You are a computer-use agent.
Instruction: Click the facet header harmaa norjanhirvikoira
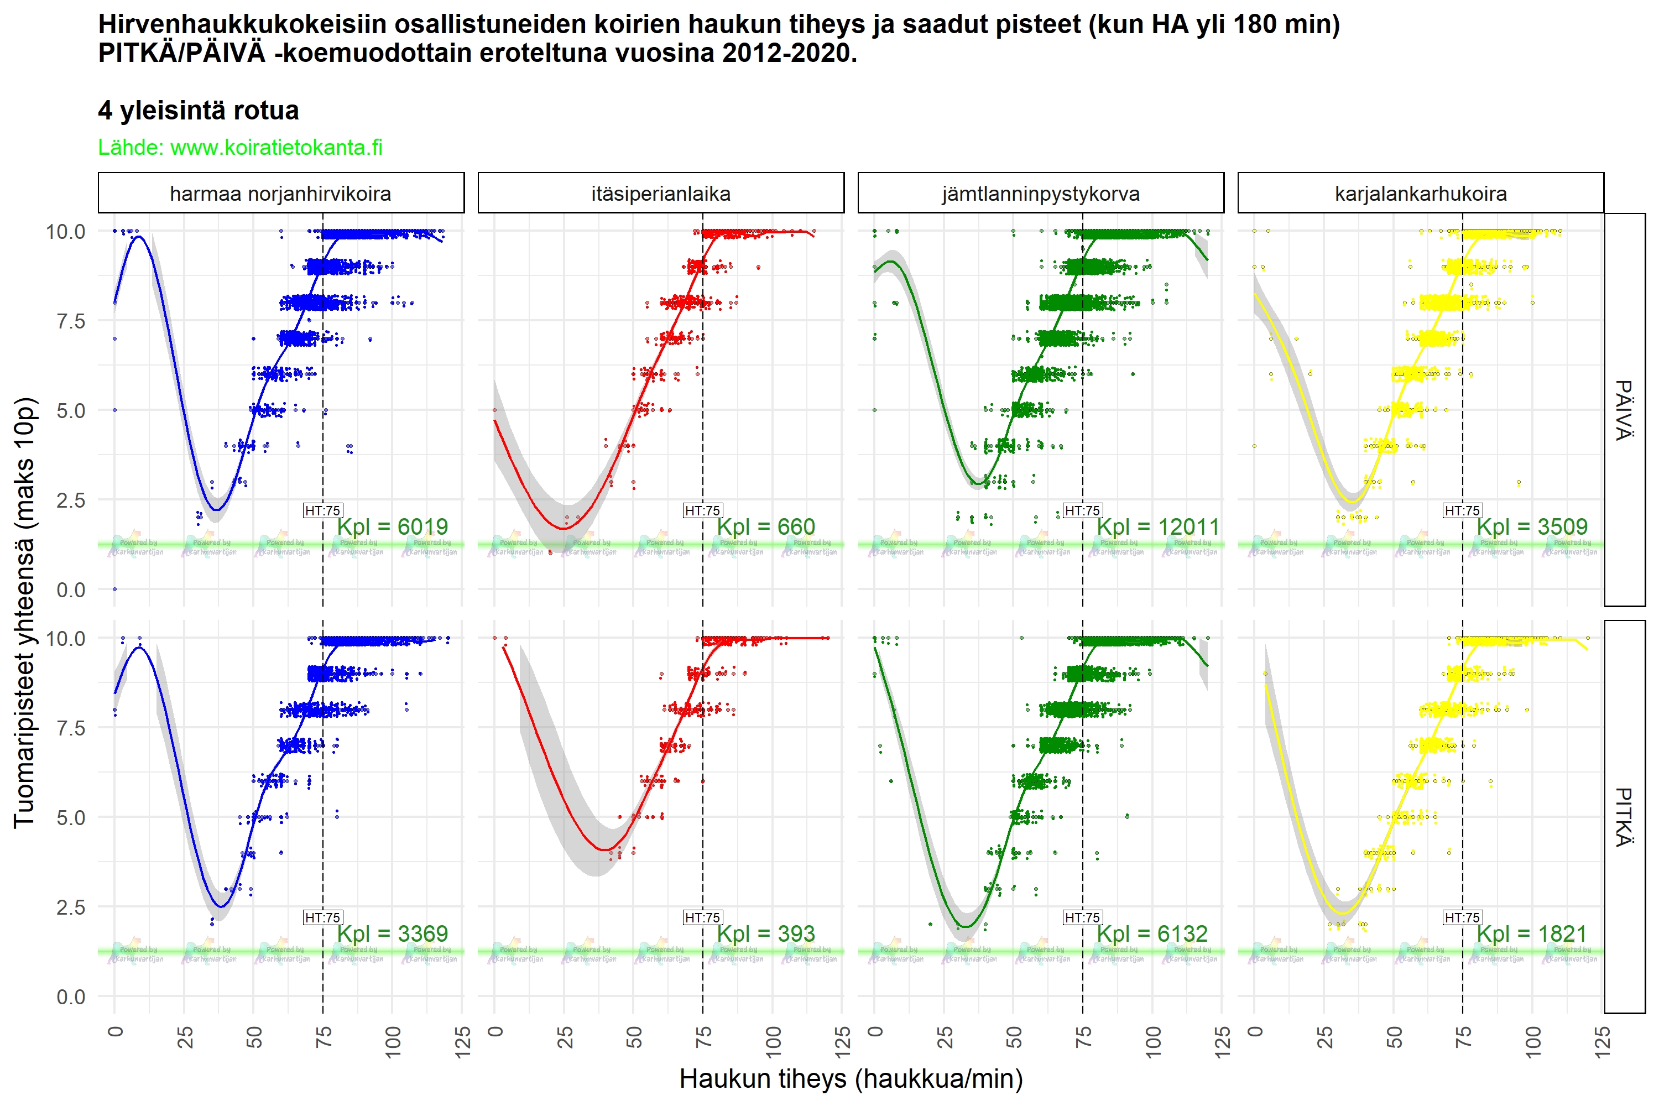281,193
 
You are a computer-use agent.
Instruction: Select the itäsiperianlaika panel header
660,193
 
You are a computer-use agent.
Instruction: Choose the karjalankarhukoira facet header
1420,193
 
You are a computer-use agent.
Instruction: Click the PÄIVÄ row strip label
1625,410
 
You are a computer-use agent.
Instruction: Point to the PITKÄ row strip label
1625,817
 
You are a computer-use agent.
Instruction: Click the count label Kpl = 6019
392,526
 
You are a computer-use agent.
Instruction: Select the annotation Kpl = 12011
1157,526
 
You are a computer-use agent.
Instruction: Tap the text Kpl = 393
765,933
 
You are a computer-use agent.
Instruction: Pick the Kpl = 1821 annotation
1531,933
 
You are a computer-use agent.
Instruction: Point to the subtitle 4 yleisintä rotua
198,110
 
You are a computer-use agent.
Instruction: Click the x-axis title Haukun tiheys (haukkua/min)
851,1078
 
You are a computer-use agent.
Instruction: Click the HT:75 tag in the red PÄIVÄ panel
702,510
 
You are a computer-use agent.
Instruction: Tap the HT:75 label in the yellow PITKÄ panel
1462,917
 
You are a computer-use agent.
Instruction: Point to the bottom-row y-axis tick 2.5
71,907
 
